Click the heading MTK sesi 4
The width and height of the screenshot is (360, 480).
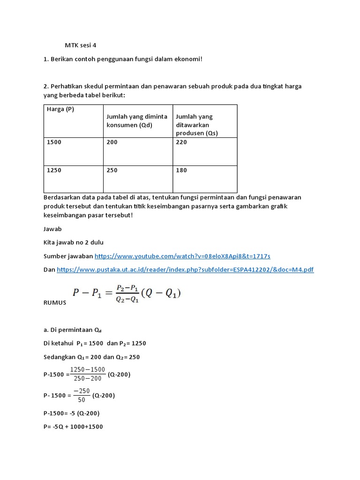(x=82, y=45)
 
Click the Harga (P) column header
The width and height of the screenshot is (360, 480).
(x=60, y=109)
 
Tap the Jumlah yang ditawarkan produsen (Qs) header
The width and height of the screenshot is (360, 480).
(x=197, y=125)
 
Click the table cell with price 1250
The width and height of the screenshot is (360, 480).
(x=54, y=170)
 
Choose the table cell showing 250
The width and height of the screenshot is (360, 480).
(x=112, y=170)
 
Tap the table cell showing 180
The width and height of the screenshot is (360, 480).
(x=181, y=170)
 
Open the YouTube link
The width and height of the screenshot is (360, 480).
(x=182, y=256)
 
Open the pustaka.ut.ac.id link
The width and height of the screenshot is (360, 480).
(x=185, y=270)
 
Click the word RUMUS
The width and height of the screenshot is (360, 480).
(x=55, y=303)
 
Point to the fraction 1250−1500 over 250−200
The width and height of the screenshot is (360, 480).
(x=88, y=374)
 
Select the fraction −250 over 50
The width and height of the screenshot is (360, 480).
(x=82, y=395)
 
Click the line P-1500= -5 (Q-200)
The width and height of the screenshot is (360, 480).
(x=71, y=413)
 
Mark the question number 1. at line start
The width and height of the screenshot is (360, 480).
(x=45, y=59)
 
